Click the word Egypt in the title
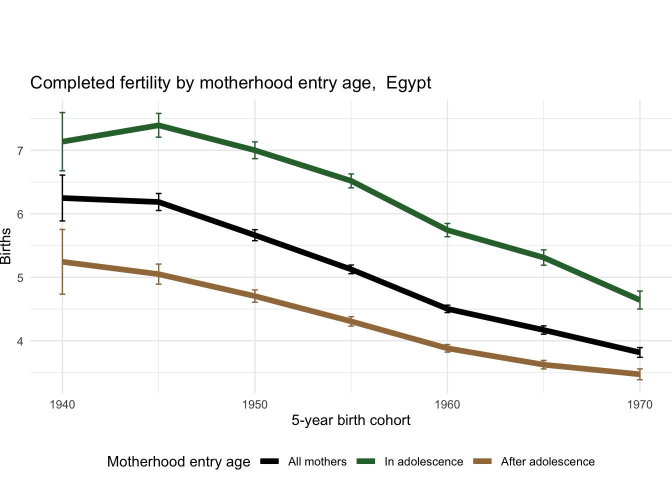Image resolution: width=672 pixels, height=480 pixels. pos(408,82)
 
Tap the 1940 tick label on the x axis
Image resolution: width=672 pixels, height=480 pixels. pos(62,404)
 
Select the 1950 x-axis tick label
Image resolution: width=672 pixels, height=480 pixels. pos(255,404)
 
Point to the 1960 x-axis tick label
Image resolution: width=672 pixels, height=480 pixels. pos(447,404)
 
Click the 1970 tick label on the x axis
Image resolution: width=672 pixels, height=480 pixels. pos(640,404)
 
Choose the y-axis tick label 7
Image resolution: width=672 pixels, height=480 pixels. pos(20,150)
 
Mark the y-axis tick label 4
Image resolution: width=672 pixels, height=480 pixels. pos(20,341)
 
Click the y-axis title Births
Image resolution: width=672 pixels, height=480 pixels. pos(6,246)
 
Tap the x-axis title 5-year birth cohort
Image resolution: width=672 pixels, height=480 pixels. pos(351,420)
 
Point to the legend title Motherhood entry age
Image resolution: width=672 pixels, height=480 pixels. pos(178,461)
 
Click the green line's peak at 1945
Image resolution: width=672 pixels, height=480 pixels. pos(158,125)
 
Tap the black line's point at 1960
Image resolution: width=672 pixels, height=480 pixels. pos(447,309)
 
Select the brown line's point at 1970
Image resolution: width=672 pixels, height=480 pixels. pos(640,374)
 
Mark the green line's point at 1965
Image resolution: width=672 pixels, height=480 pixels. pos(543,257)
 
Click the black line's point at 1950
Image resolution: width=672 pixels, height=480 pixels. pos(255,235)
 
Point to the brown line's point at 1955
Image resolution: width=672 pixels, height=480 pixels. pos(351,321)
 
